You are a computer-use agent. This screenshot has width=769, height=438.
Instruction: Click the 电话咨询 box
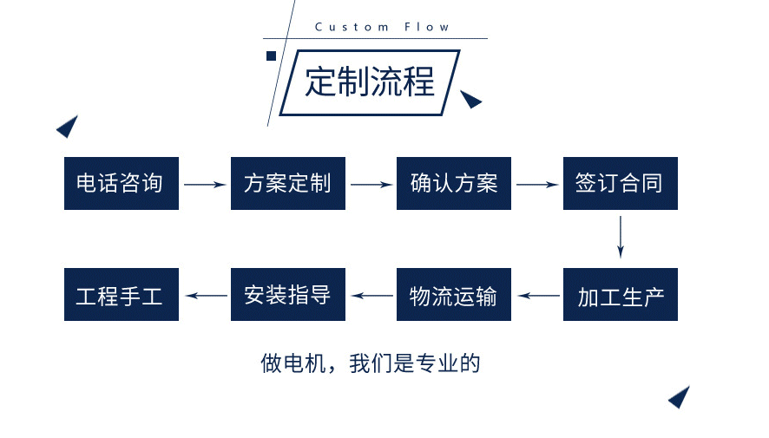121,183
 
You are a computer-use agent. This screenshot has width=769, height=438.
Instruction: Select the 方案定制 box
287,183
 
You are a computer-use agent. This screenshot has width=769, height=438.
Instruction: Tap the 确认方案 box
453,183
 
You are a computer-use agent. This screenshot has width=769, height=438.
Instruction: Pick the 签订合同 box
620,183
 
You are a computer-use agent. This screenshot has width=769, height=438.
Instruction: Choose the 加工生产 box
620,295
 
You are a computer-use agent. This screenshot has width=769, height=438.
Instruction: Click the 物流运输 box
453,295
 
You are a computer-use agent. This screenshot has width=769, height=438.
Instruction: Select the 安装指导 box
287,295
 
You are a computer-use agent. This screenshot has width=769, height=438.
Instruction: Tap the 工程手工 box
121,295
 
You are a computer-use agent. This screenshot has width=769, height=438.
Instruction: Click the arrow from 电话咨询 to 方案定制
204,184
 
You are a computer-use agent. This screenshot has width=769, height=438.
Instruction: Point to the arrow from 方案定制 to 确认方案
371,184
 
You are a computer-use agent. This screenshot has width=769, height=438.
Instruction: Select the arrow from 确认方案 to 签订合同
536,184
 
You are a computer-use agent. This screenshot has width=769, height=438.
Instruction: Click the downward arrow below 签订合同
621,237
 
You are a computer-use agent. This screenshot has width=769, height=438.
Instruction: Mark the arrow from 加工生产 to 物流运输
536,296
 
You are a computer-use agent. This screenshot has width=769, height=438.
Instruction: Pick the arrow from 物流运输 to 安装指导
371,296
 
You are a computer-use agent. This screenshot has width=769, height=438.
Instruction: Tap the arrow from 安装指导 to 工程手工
204,296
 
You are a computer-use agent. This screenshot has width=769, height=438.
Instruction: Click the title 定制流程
370,82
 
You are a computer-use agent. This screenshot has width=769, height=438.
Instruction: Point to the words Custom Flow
382,27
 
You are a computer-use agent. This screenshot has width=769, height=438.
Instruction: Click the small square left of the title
271,56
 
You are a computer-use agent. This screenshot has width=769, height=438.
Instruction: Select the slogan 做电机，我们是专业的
370,363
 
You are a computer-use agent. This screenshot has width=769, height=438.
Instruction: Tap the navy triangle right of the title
470,100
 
